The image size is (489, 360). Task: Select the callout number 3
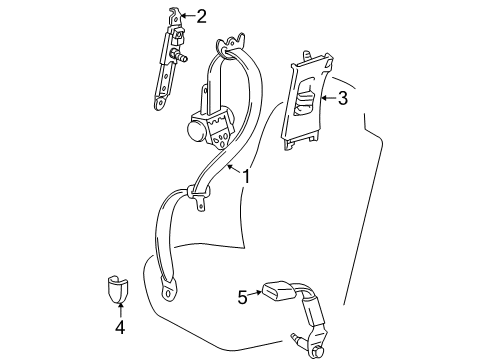tap(342, 98)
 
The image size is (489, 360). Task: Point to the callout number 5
tap(241, 295)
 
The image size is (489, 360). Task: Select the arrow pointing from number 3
tap(324, 98)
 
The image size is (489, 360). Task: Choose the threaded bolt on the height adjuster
tap(185, 59)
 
